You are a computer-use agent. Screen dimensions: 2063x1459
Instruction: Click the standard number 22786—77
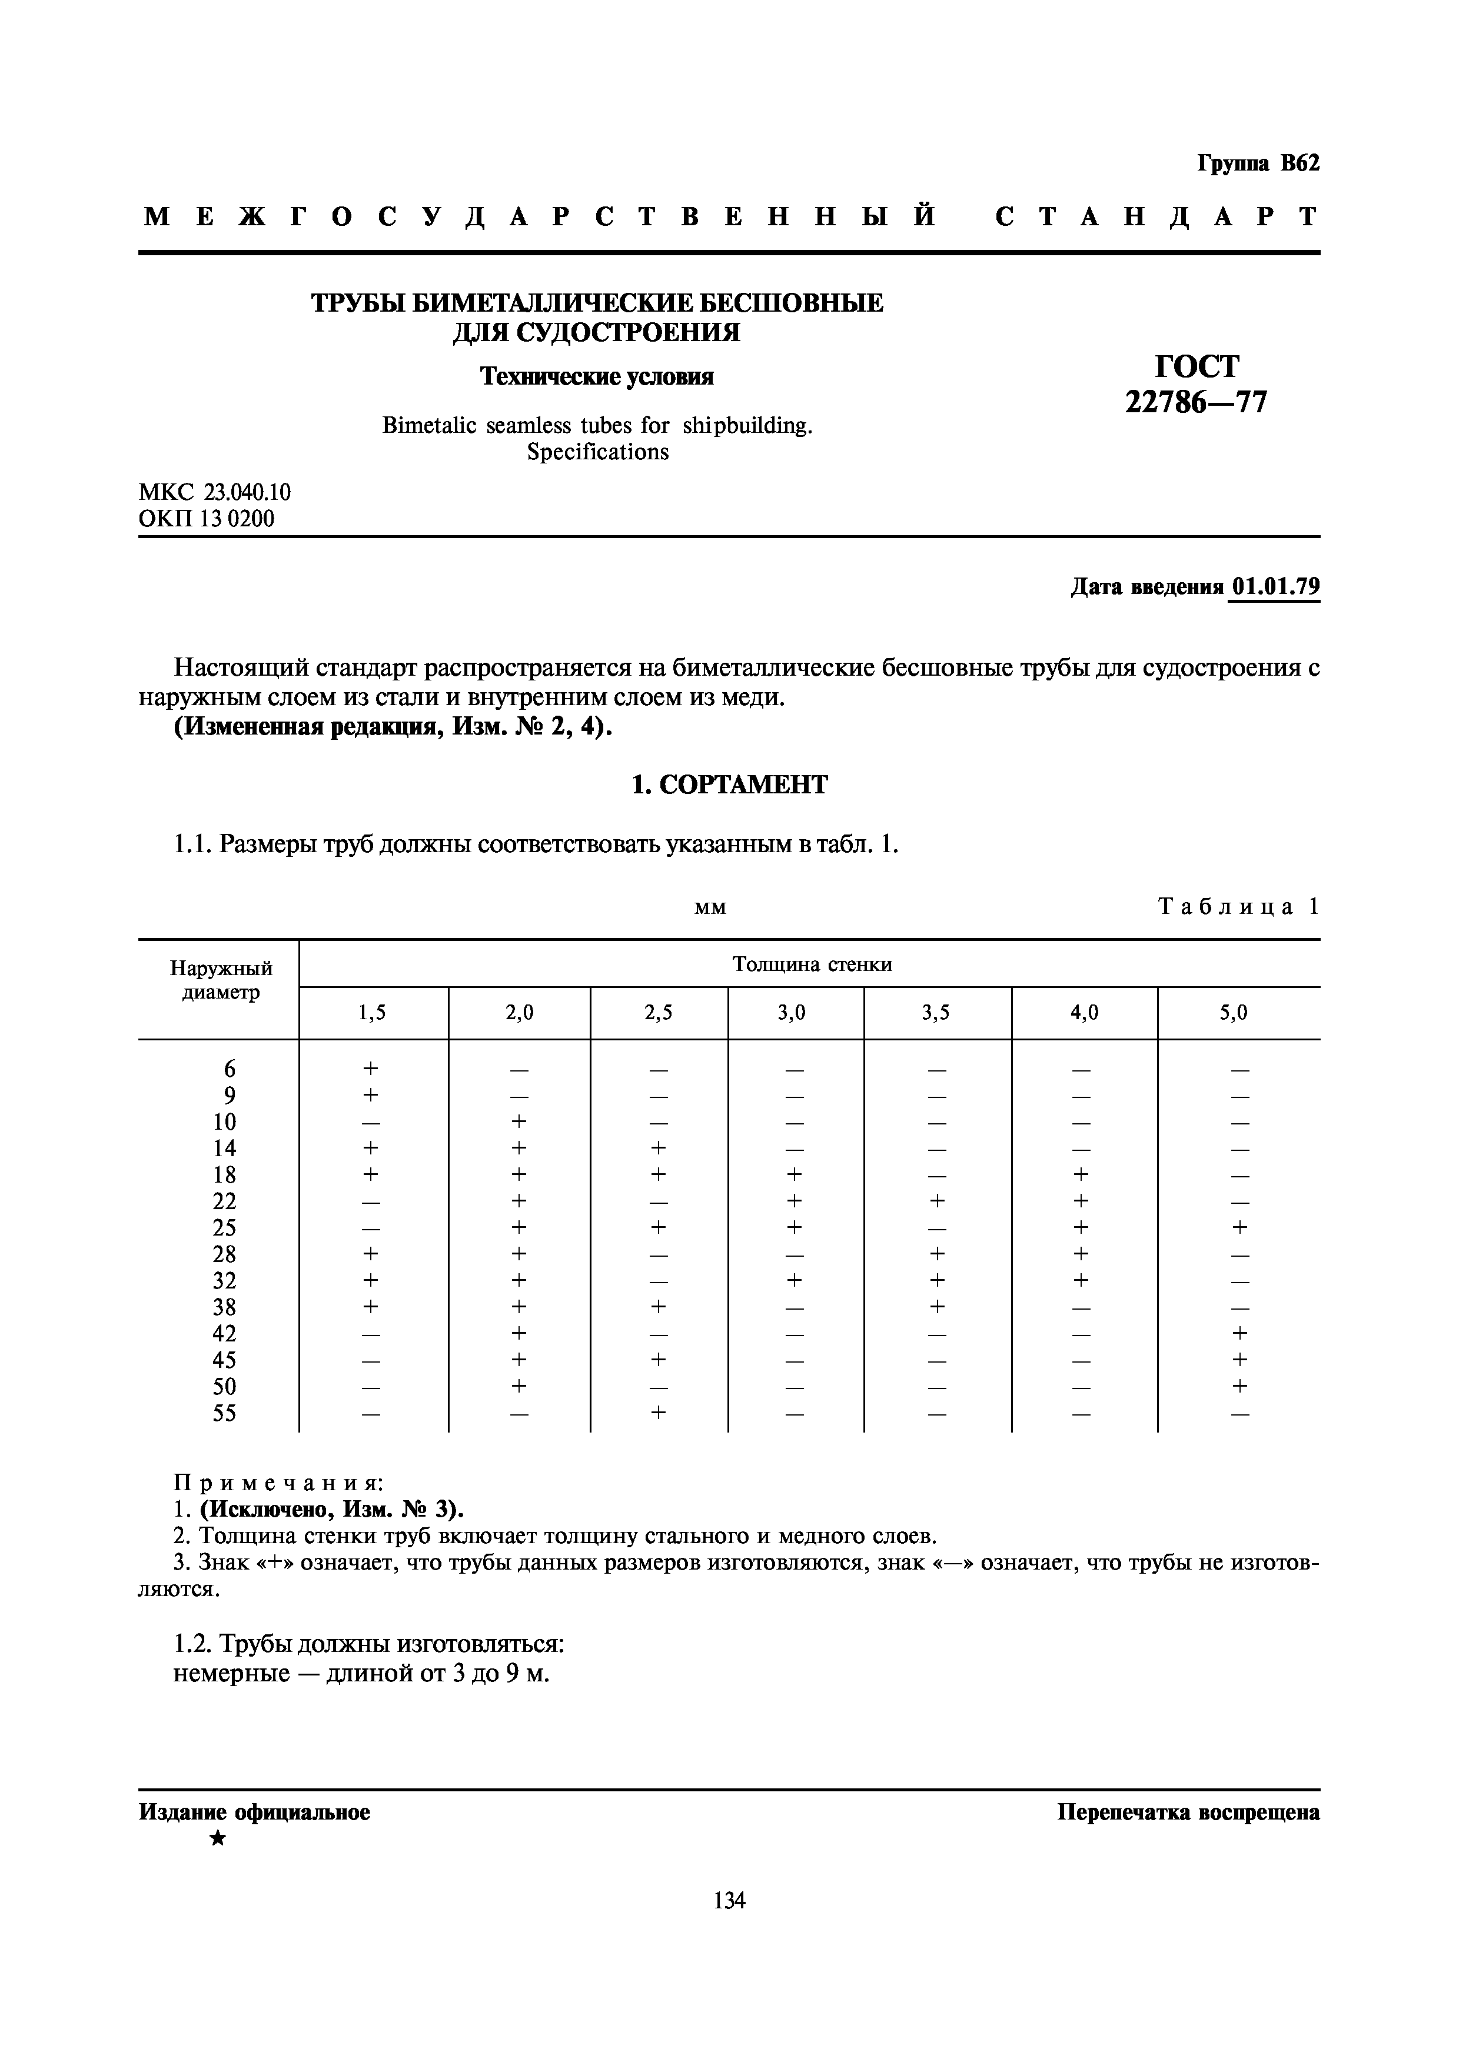point(1195,402)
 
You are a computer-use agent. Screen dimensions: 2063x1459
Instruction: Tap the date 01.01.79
point(1275,587)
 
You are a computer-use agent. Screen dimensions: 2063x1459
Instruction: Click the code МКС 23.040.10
point(215,492)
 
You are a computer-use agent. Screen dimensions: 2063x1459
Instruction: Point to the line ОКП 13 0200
point(207,519)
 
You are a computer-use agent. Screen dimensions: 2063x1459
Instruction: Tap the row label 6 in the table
point(230,1069)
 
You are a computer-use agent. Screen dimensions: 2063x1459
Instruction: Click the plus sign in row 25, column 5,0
point(1239,1227)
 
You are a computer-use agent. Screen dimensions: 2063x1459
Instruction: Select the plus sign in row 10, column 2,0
point(519,1121)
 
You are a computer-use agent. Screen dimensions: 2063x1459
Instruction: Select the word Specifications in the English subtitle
point(598,452)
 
